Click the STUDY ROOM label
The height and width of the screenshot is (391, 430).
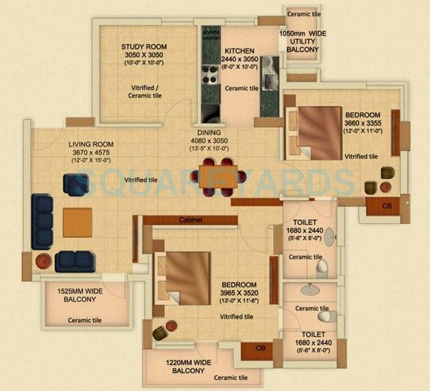[x=144, y=47]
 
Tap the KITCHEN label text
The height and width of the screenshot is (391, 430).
[x=239, y=51]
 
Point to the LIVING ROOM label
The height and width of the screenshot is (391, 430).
[x=91, y=145]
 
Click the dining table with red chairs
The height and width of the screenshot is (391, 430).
[x=217, y=173]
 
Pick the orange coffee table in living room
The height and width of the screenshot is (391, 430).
[x=77, y=222]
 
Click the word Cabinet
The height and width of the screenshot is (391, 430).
[x=191, y=219]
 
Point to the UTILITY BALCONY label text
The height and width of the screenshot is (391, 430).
[x=301, y=44]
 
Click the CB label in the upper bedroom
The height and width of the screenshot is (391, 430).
[x=386, y=206]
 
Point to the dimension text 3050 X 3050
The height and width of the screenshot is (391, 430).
[x=144, y=55]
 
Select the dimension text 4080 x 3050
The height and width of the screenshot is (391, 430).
[x=209, y=140]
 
